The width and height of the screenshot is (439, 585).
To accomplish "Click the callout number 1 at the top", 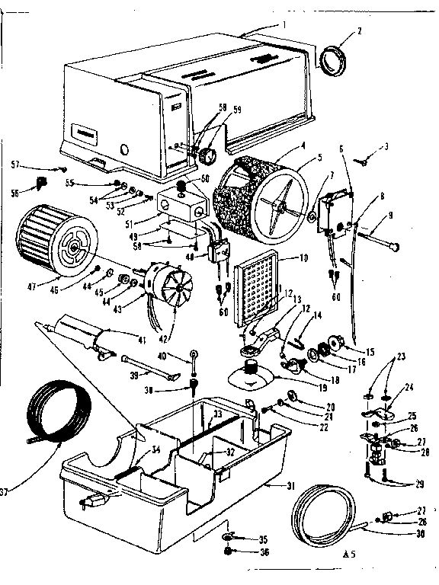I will pos(284,23).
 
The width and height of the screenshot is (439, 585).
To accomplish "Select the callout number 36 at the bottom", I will pos(264,553).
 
